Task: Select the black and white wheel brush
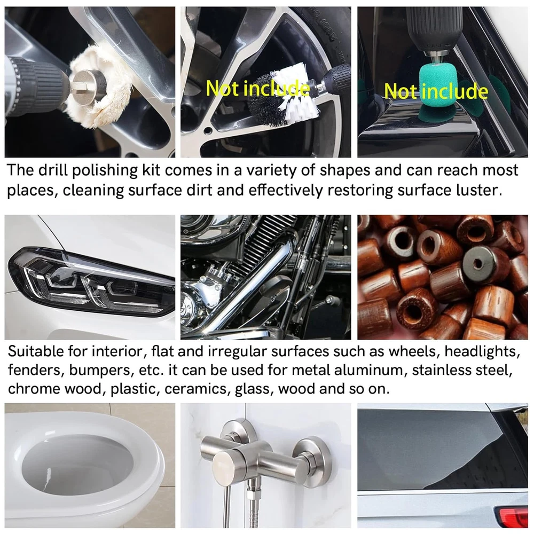[x=282, y=99]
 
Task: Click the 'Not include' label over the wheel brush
[x=258, y=88]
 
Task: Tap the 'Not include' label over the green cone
[x=436, y=91]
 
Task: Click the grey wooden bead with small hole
[x=481, y=265]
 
